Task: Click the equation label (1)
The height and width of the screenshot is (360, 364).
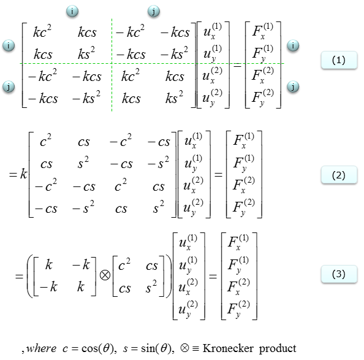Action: pos(339,60)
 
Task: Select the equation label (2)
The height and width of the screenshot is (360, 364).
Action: pos(339,175)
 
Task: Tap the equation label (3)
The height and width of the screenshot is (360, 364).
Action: pos(339,274)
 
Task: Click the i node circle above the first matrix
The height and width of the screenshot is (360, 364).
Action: pos(72,11)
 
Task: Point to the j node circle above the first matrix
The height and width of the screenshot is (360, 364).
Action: pos(154,11)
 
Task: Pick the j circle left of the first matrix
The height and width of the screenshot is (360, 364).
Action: pos(9,87)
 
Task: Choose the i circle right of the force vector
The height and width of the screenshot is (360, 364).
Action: pos(293,45)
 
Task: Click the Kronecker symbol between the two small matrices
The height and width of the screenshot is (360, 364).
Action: pos(105,275)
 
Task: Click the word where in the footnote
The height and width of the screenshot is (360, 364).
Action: pos(41,348)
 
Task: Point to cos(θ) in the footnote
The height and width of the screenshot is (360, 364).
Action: pos(99,348)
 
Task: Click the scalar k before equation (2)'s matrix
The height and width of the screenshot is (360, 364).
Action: pos(23,174)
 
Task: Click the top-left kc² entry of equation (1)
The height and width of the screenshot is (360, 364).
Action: pos(42,31)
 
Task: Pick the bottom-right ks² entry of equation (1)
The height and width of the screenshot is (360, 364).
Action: pos(174,97)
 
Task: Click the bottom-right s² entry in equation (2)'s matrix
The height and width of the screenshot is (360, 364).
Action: pos(159,207)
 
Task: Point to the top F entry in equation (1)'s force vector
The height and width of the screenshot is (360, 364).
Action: pos(262,32)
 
